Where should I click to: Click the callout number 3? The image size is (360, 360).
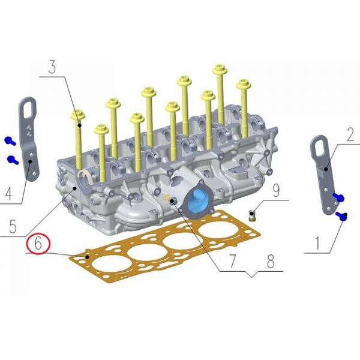tap(52, 67)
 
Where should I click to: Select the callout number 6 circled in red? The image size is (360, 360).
tap(38, 244)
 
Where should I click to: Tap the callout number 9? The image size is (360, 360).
tap(276, 190)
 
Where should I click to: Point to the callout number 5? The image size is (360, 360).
tap(13, 226)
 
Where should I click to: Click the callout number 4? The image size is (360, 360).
tap(9, 194)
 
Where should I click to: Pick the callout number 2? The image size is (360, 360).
tap(350, 134)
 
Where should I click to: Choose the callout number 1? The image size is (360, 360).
tap(318, 244)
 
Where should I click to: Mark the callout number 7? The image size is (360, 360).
tap(232, 261)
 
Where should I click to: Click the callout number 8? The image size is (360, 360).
tap(271, 261)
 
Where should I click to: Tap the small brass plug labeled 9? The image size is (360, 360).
tap(252, 215)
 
